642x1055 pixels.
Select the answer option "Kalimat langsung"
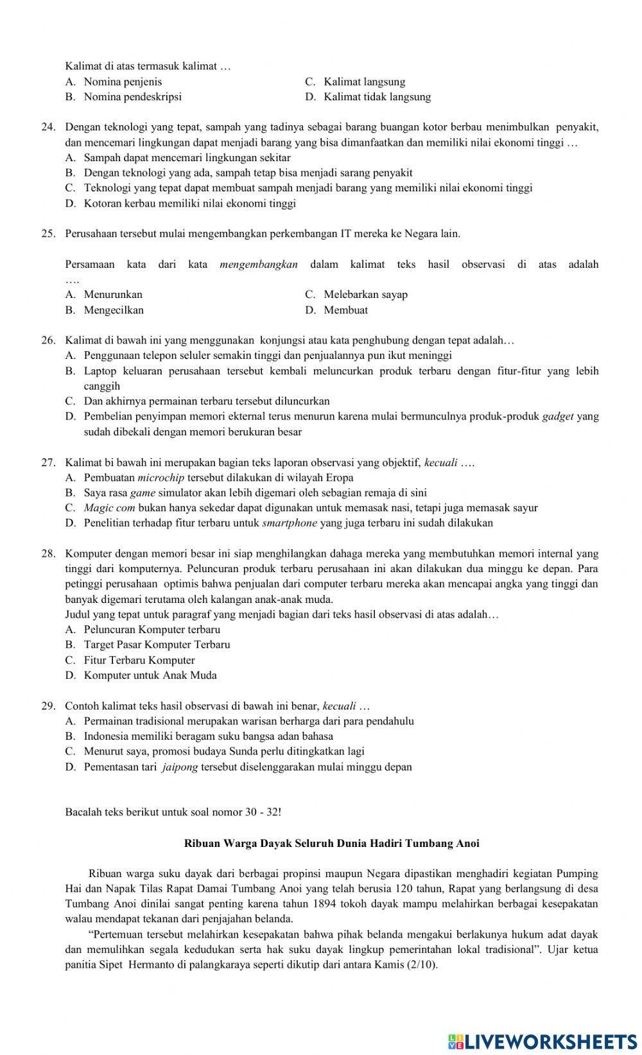[x=364, y=82]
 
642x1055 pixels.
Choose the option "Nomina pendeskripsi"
[x=132, y=97]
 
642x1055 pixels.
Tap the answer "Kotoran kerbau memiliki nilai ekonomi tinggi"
[x=189, y=204]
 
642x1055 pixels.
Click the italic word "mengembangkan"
[x=259, y=264]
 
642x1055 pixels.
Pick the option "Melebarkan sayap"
[x=365, y=295]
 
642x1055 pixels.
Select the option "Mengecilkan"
[x=114, y=310]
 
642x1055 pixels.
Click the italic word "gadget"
[x=558, y=416]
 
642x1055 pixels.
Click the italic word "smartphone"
[x=290, y=523]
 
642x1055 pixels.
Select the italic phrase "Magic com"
[x=109, y=508]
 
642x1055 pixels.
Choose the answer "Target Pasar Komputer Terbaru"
[x=157, y=645]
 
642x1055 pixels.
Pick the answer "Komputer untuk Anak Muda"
[x=150, y=676]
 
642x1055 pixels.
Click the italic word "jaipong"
[x=180, y=767]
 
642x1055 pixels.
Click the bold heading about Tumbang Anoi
[x=331, y=843]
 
